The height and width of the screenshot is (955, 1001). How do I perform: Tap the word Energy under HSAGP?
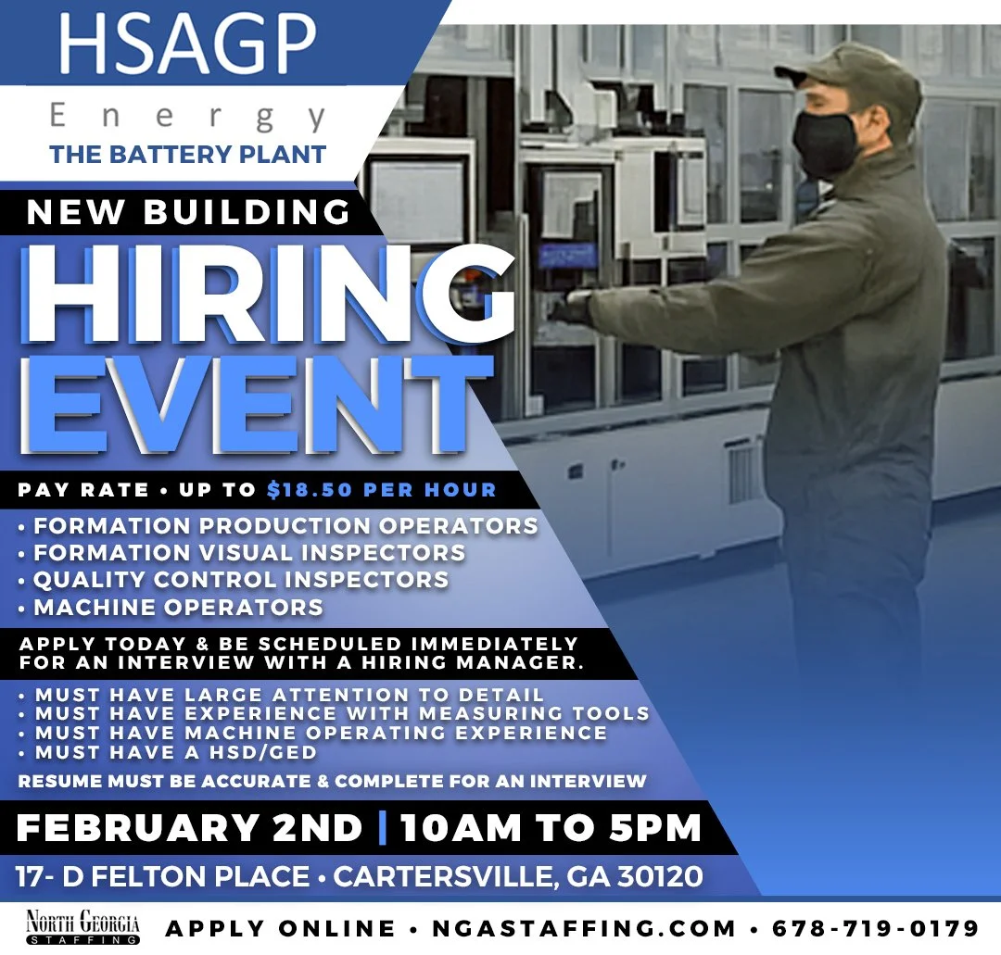188,117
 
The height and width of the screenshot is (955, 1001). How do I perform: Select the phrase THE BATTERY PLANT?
188,155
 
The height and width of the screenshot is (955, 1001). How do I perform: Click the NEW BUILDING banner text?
188,212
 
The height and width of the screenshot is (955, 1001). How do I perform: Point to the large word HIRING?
269,295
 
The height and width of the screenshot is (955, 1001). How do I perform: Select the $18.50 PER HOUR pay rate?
381,489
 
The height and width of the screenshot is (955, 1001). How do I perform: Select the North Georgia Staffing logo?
82,927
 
